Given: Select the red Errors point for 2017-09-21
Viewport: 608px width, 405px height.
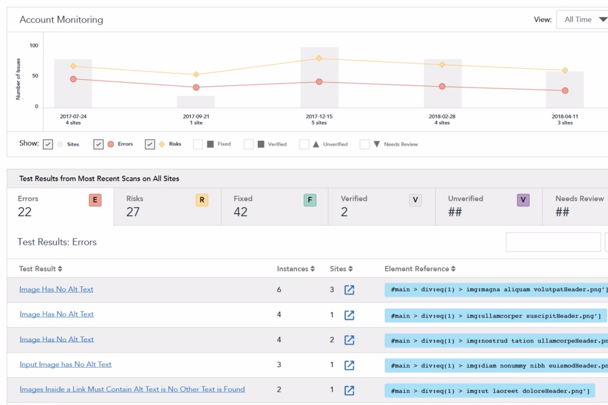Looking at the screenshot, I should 196,87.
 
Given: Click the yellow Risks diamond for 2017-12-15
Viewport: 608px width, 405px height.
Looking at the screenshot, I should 319,58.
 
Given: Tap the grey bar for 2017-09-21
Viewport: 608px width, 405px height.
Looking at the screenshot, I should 196,101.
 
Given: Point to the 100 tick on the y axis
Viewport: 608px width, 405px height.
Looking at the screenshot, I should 34,46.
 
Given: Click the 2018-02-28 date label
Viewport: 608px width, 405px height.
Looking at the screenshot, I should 442,116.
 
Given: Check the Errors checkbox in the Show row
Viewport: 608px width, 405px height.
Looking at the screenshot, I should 98,144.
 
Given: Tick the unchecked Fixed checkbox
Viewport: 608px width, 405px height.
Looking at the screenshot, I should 198,144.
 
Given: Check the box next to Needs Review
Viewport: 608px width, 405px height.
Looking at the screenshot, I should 364,144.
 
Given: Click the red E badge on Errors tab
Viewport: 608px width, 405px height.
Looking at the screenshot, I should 95,200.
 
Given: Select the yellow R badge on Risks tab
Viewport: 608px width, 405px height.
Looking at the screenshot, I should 202,200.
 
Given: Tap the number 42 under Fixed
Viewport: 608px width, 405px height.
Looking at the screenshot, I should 240,212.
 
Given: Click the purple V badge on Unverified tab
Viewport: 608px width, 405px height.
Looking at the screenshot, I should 523,200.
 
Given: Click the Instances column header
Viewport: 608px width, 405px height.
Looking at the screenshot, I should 295,269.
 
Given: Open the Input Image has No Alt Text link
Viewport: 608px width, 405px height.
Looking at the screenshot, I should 65,364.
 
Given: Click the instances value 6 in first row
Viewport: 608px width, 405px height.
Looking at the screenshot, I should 279,289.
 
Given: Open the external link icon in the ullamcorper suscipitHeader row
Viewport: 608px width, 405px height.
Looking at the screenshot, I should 349,315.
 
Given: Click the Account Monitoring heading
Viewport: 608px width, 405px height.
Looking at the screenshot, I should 61,20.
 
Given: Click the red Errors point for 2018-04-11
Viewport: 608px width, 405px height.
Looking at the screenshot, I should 565,91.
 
